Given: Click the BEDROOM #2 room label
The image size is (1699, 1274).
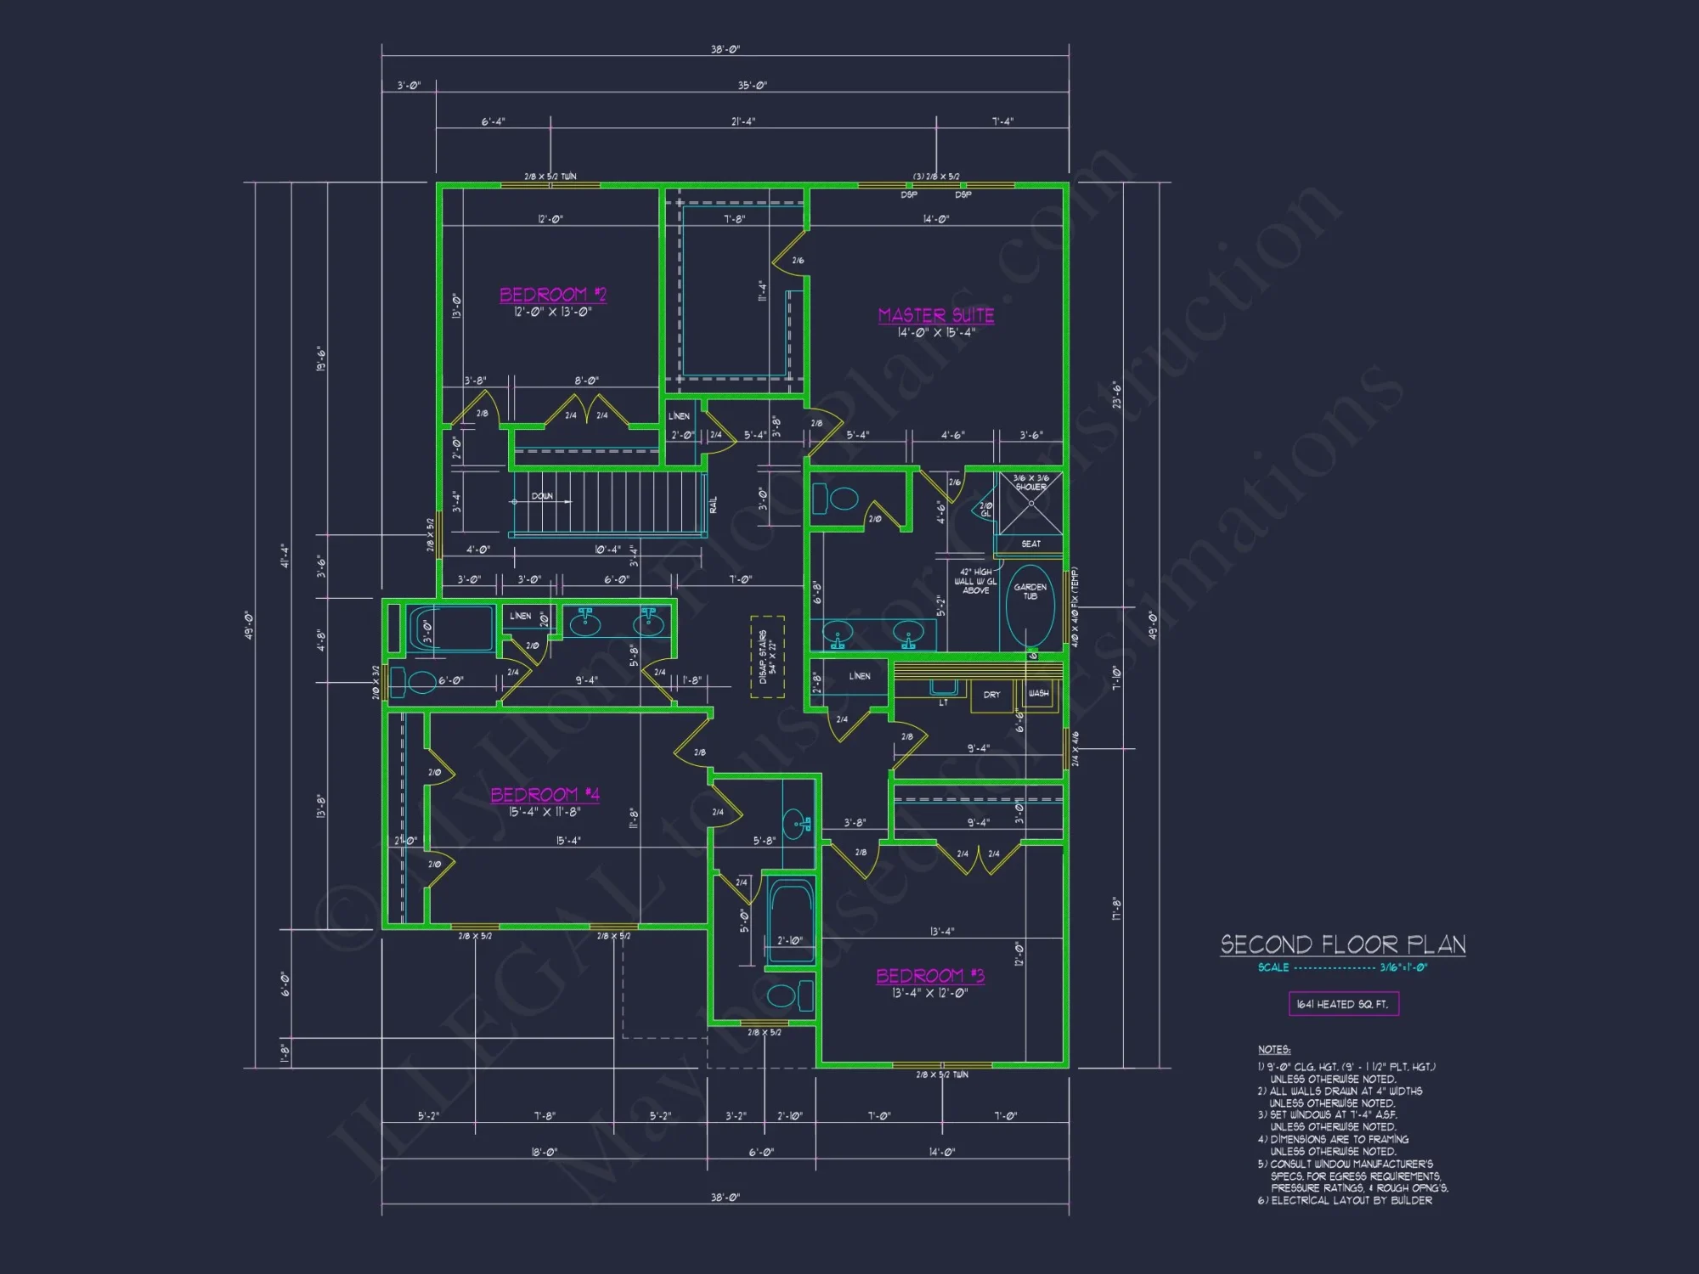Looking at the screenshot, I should point(552,295).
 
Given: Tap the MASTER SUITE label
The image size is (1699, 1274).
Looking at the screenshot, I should point(935,315).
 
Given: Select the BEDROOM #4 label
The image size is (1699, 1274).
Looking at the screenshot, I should point(545,795).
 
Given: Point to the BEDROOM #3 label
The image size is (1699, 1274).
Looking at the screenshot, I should point(930,976).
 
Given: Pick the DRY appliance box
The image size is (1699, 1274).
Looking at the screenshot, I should point(991,695).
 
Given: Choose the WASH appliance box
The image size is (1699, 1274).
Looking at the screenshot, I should point(1038,694).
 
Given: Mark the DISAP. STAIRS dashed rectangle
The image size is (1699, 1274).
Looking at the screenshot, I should point(767,657).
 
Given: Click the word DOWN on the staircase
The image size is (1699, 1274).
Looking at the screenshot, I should point(542,496).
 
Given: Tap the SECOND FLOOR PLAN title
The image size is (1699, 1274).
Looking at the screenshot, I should point(1342,944).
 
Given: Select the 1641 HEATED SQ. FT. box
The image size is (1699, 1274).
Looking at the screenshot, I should point(1343,1004).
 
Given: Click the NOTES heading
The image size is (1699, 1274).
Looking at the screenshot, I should point(1273,1050).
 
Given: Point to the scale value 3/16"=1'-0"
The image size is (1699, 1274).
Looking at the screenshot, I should point(1403,967).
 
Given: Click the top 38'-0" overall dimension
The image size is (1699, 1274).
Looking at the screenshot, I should point(725,49).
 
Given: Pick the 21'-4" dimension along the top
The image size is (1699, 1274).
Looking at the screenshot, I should point(742,121).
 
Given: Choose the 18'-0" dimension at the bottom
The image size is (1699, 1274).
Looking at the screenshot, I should point(544,1153).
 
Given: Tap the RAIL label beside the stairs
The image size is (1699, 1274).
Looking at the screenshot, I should point(714,505).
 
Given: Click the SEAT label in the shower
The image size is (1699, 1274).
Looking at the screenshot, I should point(1030,544).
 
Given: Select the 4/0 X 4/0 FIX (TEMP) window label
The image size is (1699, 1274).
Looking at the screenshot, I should point(1075,608).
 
